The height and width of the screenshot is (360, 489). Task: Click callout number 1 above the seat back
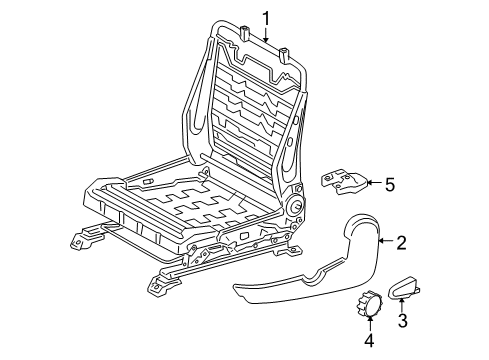tap(267, 17)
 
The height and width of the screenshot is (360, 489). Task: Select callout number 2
tap(401, 242)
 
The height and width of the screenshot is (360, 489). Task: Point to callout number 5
tap(390, 183)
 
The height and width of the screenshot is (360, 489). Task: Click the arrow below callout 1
tap(267, 34)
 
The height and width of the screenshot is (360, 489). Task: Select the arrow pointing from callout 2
tap(387, 242)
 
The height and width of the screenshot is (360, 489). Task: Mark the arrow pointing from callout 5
tap(373, 183)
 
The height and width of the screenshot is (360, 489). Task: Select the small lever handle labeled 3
tap(409, 287)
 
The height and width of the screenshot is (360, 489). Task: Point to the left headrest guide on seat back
tap(243, 34)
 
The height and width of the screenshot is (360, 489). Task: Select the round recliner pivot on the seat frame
tap(299, 207)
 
